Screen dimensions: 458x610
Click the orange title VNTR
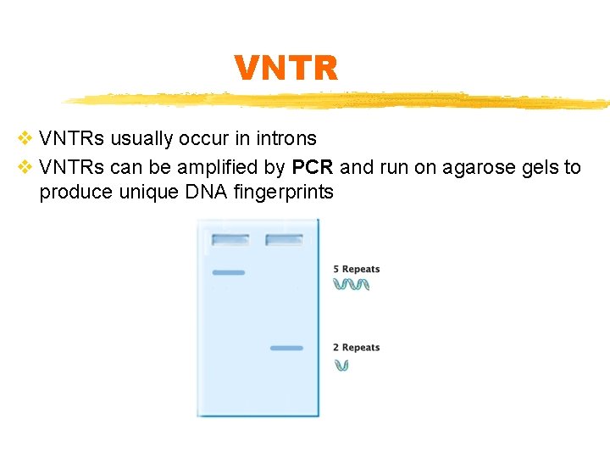point(286,68)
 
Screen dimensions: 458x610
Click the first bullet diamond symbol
point(25,138)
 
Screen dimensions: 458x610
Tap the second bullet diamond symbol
point(25,167)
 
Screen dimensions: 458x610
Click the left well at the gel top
point(230,240)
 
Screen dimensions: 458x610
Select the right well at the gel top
point(284,240)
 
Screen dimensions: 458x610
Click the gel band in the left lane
point(228,272)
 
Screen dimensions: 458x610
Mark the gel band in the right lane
point(286,348)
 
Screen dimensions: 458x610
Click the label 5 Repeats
point(357,270)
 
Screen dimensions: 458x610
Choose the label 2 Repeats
point(357,348)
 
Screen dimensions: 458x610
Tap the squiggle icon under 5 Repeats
point(351,284)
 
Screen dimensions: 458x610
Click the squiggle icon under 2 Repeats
point(341,366)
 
